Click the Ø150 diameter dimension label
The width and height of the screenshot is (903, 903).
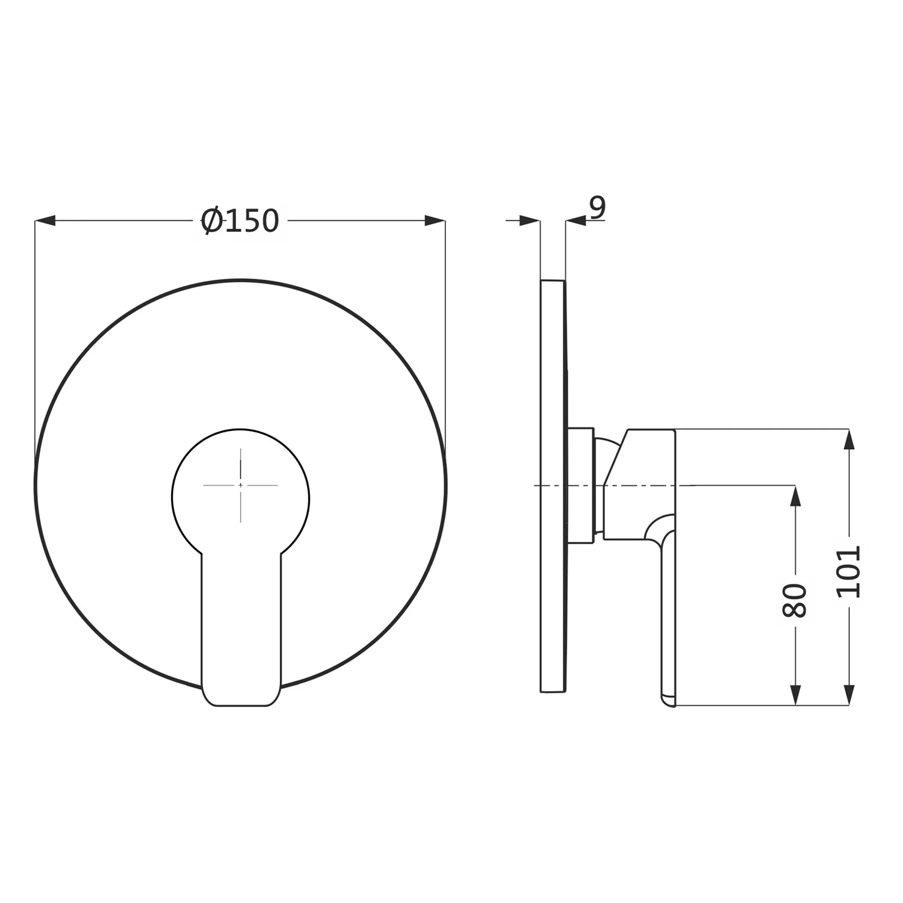click(240, 220)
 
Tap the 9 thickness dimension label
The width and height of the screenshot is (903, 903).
click(597, 208)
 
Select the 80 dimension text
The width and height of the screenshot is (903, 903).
click(794, 600)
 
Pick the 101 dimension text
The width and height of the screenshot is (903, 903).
click(849, 571)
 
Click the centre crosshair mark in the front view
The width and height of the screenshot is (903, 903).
click(240, 485)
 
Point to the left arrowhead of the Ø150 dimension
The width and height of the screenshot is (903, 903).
click(45, 221)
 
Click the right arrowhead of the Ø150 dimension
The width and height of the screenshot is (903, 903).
click(435, 221)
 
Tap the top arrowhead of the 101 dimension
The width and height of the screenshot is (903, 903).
click(849, 439)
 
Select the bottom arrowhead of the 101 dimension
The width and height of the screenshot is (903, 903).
click(849, 695)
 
